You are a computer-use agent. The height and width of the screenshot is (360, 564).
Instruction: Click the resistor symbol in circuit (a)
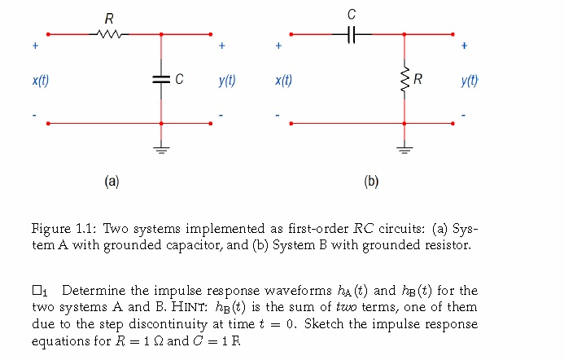tap(109, 34)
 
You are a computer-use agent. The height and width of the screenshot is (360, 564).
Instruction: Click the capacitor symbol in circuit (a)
tap(161, 79)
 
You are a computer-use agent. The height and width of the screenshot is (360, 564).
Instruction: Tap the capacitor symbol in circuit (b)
tap(352, 34)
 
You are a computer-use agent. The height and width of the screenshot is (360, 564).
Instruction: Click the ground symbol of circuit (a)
tap(161, 149)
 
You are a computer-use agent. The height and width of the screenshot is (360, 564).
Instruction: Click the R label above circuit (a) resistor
tap(109, 18)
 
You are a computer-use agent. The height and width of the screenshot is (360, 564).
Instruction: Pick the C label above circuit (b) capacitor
tap(352, 15)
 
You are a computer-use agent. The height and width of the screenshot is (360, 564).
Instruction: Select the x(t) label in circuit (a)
tap(40, 81)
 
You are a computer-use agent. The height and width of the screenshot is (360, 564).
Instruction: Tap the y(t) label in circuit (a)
tap(227, 81)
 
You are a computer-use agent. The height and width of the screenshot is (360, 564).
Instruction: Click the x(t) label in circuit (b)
tap(284, 81)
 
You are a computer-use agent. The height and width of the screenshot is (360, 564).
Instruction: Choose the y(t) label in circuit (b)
tap(470, 81)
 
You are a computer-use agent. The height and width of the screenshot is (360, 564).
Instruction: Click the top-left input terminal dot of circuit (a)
tap(48, 34)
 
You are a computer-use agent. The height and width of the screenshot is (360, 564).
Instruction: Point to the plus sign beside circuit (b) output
tap(464, 46)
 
